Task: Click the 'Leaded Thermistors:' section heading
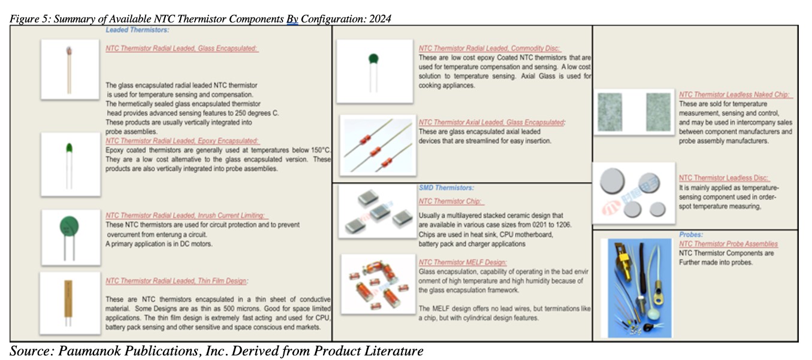pos(137,29)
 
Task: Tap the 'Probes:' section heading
pos(691,235)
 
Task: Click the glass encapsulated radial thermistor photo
pos(69,69)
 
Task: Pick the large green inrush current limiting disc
pos(70,227)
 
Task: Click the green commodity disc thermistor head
pos(374,59)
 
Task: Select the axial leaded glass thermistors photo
pos(377,146)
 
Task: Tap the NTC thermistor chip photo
pos(377,211)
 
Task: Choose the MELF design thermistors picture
pos(378,283)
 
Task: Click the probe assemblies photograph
pos(636,287)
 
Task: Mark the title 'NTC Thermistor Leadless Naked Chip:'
pos(735,95)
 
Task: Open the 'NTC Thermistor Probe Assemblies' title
pos(728,244)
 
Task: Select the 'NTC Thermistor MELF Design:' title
pos(462,262)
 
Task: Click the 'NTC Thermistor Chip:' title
pos(451,201)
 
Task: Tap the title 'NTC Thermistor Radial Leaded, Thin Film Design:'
pos(176,281)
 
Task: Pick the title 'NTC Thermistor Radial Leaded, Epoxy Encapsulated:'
pos(182,140)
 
